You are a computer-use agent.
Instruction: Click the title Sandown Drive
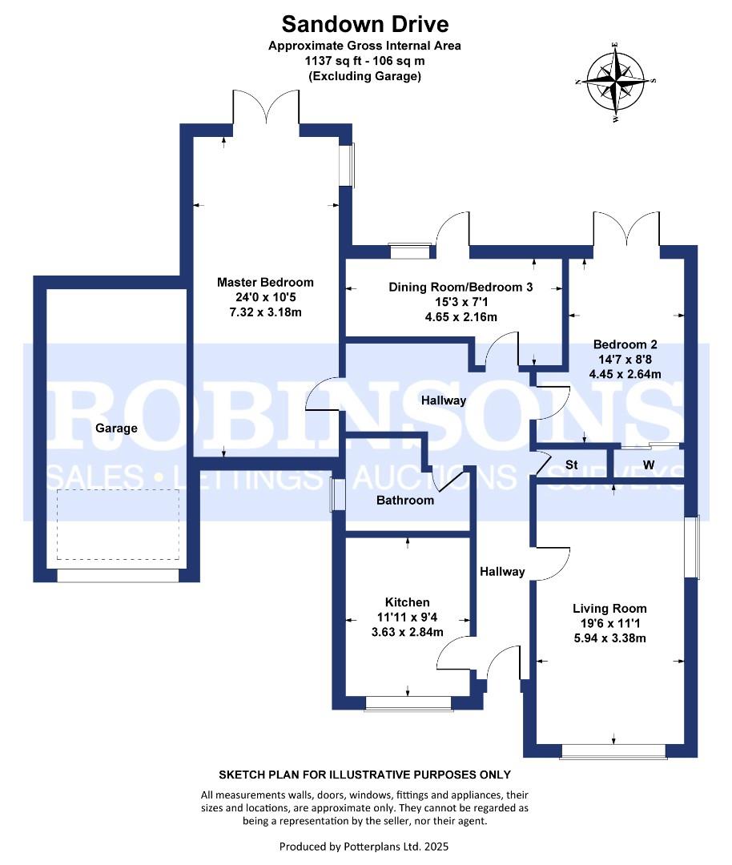click(x=364, y=24)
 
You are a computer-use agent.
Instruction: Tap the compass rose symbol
click(x=615, y=81)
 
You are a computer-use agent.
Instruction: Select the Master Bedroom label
click(x=265, y=282)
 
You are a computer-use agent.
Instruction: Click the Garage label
click(x=116, y=428)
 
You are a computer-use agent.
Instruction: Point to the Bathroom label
click(x=405, y=501)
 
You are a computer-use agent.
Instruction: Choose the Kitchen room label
click(x=407, y=602)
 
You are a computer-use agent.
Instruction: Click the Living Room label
click(x=609, y=608)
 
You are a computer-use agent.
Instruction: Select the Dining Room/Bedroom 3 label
click(x=461, y=287)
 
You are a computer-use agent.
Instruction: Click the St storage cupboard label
click(x=572, y=465)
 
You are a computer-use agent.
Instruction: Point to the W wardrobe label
click(x=648, y=465)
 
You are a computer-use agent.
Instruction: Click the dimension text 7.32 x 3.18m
click(x=265, y=311)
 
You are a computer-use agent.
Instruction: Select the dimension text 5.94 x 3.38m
click(x=609, y=638)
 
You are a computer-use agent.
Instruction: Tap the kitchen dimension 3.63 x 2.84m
click(x=407, y=632)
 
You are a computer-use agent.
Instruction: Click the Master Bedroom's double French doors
click(x=265, y=107)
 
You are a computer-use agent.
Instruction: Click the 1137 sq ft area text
click(x=364, y=61)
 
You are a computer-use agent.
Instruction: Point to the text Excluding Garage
click(x=364, y=76)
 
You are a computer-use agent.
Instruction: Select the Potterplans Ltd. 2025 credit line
click(x=364, y=846)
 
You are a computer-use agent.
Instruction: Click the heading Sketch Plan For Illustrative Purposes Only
click(x=364, y=774)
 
